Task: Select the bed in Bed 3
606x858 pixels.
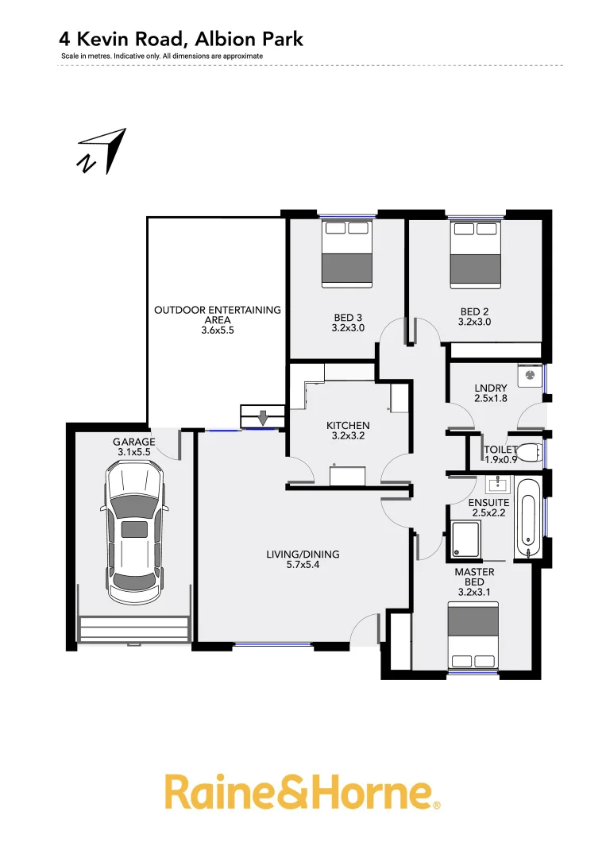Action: pos(347,253)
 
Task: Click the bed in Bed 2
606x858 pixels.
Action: pos(476,253)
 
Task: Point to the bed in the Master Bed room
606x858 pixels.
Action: pos(474,636)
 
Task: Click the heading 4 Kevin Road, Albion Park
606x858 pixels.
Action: pos(181,38)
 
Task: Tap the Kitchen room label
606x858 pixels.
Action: pos(348,426)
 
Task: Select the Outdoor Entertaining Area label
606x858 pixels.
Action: pos(217,315)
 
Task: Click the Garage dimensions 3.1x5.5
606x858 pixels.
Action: pos(133,453)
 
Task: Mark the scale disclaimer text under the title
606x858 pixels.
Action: pos(162,56)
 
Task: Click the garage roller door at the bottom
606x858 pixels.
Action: pos(133,628)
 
